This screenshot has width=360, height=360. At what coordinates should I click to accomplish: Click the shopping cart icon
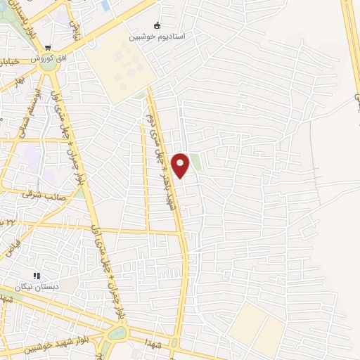pos(47,48)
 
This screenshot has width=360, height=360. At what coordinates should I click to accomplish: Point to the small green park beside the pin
pos(195,162)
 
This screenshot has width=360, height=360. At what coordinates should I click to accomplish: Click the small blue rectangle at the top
pos(105,6)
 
